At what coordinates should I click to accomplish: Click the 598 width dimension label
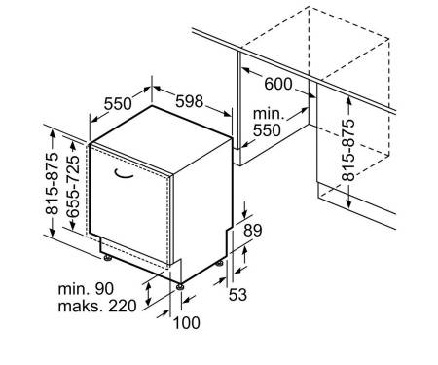pos(190,101)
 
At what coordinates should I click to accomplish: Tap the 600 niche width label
pos(278,84)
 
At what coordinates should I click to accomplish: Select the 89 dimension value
pos(253,231)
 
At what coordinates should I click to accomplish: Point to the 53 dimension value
pos(237,295)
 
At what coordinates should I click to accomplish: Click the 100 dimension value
pos(187,323)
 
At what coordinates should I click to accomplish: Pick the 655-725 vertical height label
pos(73,186)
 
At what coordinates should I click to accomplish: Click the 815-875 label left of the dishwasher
pos(52,183)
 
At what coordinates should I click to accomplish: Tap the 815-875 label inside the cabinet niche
pos(348,150)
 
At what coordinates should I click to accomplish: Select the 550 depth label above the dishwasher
pos(118,104)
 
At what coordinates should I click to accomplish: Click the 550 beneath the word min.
pos(267,130)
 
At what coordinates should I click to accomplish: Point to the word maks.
pos(81,306)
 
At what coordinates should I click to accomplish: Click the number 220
pos(123,306)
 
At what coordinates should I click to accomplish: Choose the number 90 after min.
pos(104,289)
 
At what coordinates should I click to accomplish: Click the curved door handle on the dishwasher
pos(124,175)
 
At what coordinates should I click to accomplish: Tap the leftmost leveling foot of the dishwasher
pos(107,258)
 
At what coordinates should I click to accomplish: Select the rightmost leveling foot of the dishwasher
pos(219,263)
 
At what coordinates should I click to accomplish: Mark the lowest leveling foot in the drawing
pos(180,287)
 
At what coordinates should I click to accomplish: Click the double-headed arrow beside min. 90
pos(148,294)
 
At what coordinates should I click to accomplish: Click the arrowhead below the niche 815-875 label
pos(348,203)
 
